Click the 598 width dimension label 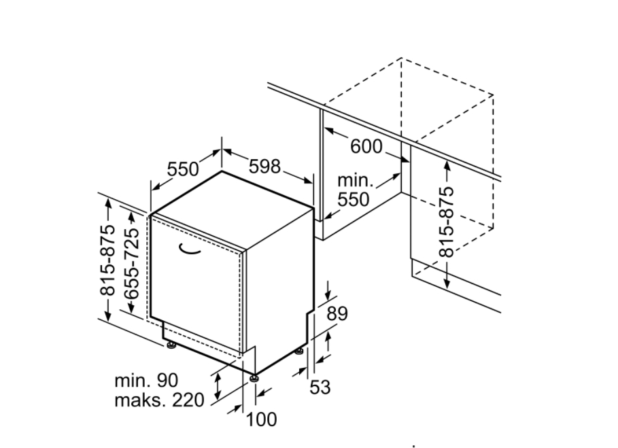point(264,167)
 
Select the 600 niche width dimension point(366,147)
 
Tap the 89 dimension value point(337,313)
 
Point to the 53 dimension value point(320,387)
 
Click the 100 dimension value point(261,419)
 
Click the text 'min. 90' point(146,381)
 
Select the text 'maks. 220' point(159,400)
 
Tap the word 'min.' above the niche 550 point(355,180)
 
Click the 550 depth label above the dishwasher point(183,169)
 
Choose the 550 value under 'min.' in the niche point(354,199)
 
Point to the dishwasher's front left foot point(171,345)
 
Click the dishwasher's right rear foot point(301,351)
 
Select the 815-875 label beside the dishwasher point(107,260)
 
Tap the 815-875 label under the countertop point(447,222)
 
